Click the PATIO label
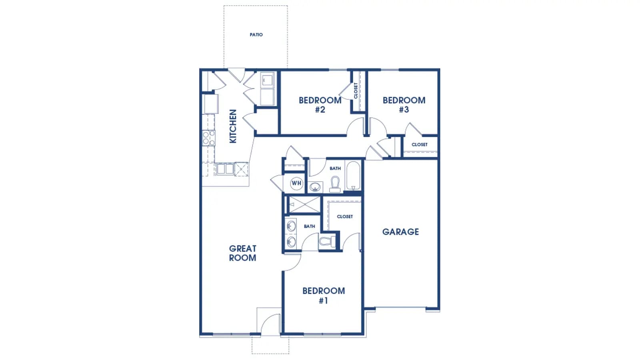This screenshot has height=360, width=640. [256, 34]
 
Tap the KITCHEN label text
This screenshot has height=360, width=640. [233, 126]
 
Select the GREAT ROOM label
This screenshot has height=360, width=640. [242, 253]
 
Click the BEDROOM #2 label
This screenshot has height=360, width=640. [320, 105]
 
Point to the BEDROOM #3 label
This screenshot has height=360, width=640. [404, 105]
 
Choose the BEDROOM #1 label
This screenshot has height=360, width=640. [324, 296]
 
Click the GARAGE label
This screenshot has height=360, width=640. [400, 232]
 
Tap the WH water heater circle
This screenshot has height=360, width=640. [296, 183]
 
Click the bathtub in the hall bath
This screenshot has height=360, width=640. [353, 176]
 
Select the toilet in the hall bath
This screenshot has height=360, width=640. [335, 184]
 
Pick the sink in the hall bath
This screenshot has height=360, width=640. [315, 187]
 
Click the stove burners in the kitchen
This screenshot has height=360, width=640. [208, 138]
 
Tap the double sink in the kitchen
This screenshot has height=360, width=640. [225, 169]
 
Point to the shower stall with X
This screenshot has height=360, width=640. [304, 204]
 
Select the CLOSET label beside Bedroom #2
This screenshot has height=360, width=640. [356, 90]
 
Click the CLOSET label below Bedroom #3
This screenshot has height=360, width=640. [420, 144]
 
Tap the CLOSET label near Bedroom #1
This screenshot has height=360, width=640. [345, 216]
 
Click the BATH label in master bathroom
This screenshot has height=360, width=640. [310, 226]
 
